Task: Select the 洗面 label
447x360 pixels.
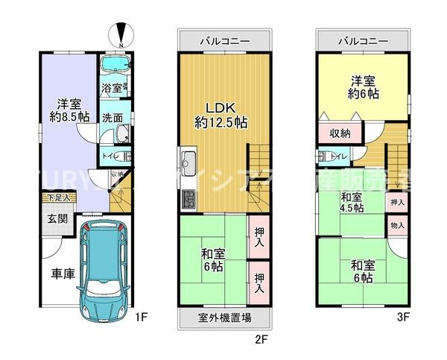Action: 112,117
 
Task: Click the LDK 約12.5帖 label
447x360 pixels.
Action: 221,114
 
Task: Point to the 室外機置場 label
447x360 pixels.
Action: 224,318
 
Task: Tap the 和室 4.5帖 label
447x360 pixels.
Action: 352,203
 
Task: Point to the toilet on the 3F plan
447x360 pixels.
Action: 325,157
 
